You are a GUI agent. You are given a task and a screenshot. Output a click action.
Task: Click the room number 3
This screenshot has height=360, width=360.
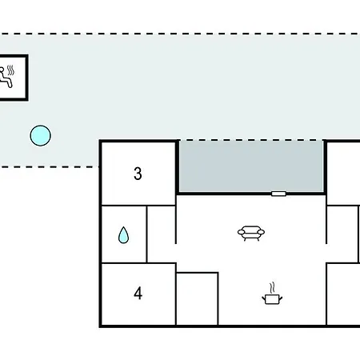click(138, 174)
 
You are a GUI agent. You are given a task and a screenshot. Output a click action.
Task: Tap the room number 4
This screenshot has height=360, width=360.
click(138, 294)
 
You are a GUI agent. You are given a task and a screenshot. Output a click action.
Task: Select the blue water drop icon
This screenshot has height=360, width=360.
click(123, 235)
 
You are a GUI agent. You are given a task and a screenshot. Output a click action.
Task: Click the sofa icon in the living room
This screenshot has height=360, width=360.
click(251, 233)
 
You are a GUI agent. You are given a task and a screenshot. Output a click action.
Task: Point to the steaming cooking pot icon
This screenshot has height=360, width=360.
click(272, 294)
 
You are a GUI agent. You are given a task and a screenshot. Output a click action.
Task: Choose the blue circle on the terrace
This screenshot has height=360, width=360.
click(40, 135)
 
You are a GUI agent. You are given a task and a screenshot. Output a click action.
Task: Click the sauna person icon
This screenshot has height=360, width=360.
click(6, 78)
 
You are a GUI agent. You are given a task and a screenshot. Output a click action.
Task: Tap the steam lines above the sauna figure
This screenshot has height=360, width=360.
click(10, 70)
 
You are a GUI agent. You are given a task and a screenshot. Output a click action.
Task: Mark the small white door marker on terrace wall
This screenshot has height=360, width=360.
click(278, 194)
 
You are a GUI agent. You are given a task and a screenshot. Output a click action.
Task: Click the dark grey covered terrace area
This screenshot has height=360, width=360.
click(251, 166)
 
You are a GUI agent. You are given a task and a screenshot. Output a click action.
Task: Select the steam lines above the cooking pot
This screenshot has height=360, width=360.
click(272, 288)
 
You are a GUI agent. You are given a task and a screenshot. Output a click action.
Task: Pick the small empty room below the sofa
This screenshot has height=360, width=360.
click(197, 298)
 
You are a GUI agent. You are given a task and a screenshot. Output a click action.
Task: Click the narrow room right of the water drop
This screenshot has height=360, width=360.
click(161, 234)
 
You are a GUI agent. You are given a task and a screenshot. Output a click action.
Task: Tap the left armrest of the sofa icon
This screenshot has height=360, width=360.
click(241, 232)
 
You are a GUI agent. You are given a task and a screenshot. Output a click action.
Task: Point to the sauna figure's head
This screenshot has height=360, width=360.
click(2, 70)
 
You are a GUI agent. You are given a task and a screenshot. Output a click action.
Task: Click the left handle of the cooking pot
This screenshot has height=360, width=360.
click(263, 298)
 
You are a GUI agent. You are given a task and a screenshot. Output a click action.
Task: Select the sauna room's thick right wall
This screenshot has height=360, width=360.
click(26, 78)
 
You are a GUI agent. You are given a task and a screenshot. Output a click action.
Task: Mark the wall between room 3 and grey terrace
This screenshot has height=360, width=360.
click(177, 167)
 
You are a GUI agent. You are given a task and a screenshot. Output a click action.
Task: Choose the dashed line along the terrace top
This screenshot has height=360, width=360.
click(180, 34)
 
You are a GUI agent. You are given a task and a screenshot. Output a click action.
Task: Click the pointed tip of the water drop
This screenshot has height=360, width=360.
click(123, 226)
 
